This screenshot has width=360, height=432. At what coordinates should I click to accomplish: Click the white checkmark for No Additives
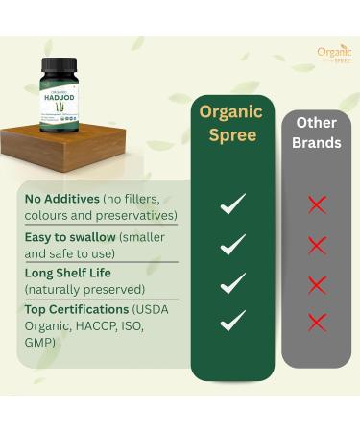(x=232, y=204)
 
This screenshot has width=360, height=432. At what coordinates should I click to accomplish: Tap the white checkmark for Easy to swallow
(x=232, y=244)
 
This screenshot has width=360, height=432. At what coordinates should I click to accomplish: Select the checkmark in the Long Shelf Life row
(x=232, y=282)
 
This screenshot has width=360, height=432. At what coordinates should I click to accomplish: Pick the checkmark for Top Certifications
(x=232, y=321)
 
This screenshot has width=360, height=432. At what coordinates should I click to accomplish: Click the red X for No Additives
(x=317, y=204)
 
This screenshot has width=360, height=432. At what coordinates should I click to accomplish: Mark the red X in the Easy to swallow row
(x=317, y=245)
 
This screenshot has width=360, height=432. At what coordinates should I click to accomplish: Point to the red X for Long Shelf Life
(x=317, y=284)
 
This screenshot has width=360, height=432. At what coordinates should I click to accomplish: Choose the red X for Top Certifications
(x=317, y=321)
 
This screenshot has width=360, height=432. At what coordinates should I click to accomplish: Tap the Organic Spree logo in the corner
(x=334, y=54)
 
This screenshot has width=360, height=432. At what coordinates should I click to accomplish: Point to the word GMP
(x=41, y=343)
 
